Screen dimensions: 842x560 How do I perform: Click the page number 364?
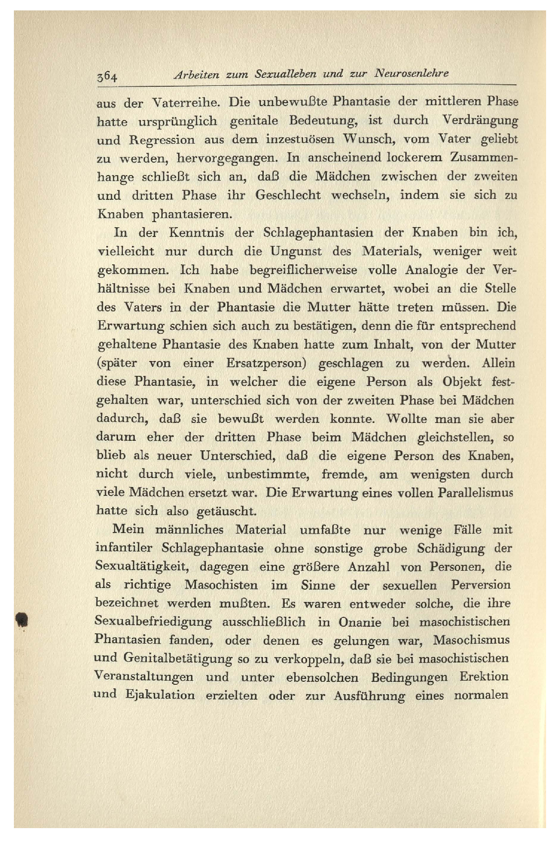point(107,76)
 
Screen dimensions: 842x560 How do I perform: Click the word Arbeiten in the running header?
point(196,74)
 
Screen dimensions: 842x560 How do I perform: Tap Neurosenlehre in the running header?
point(411,73)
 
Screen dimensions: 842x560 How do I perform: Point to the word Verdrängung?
point(480,120)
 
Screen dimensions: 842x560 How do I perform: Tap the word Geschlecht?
point(288,195)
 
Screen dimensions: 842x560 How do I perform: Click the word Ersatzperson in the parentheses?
point(266,363)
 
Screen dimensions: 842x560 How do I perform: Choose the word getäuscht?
point(226,511)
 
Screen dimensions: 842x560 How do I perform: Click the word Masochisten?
point(221,585)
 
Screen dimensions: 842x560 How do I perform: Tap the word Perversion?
point(480,585)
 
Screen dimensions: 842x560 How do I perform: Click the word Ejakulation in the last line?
point(160,695)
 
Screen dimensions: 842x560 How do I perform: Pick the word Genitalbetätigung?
point(178,659)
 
